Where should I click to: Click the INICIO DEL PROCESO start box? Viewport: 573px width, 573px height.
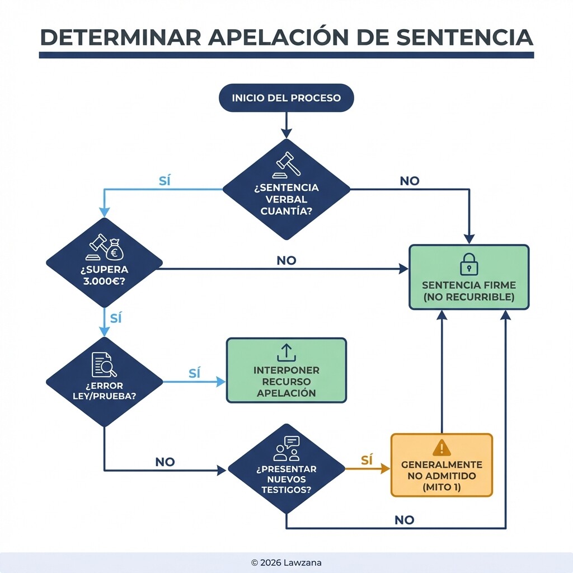pos(286,98)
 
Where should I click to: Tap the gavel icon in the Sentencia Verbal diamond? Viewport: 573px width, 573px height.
pos(286,163)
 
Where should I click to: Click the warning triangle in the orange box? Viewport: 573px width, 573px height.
pos(442,448)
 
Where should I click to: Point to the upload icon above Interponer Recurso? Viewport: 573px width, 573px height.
pos(286,353)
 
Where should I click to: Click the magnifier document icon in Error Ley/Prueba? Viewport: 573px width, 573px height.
pos(104,365)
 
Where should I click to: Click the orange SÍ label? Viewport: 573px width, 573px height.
pos(367,461)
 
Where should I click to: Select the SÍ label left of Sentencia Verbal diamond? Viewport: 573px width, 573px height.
pos(165,181)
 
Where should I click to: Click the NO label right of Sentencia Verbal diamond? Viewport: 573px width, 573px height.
pos(409,181)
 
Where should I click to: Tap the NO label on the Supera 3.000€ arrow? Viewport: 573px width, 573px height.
pos(286,261)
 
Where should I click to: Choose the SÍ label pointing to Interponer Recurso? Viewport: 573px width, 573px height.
pos(194,374)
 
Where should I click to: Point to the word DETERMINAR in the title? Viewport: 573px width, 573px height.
pos(120,37)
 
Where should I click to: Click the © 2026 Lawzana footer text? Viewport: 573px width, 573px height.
pos(286,561)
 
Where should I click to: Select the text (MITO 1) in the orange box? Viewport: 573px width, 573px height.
pos(442,487)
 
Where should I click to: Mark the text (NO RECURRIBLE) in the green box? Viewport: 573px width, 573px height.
pos(469,297)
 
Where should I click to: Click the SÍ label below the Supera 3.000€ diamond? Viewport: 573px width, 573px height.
pos(116,318)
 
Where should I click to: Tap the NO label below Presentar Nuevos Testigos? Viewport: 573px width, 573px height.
pos(404,520)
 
